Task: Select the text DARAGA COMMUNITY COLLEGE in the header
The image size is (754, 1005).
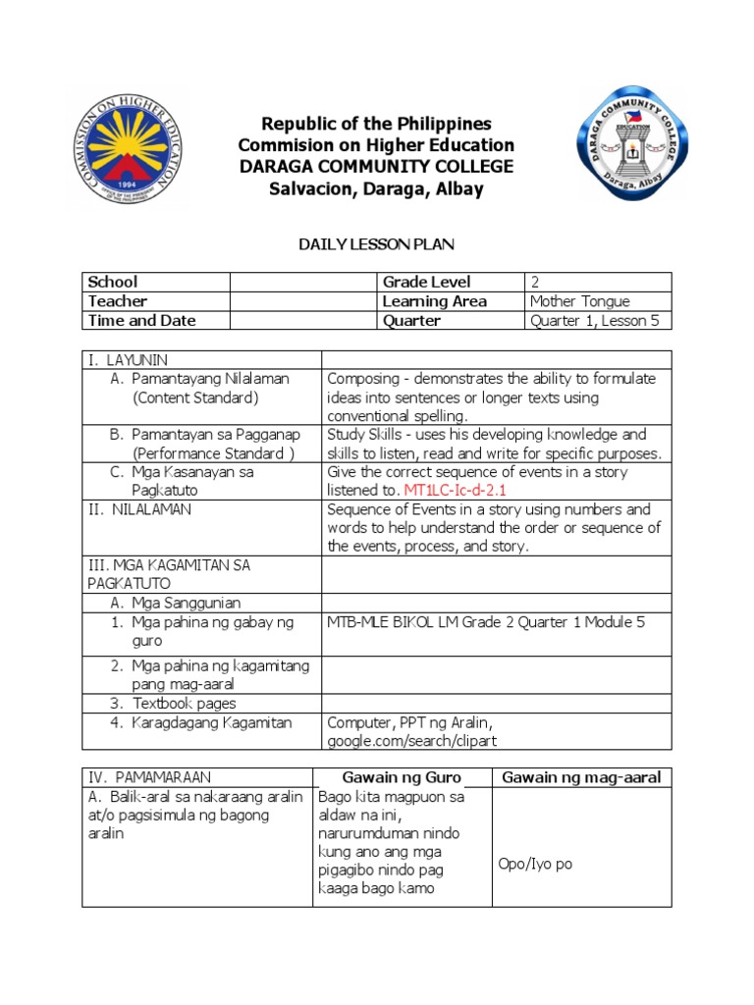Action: click(x=377, y=167)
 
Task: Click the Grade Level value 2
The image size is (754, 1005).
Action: click(x=535, y=282)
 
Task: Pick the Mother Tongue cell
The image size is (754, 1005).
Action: click(x=579, y=301)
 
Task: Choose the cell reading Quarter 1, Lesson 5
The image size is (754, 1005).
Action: click(x=594, y=321)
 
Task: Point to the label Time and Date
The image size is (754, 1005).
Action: click(x=141, y=321)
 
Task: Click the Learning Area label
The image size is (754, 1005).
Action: click(x=434, y=301)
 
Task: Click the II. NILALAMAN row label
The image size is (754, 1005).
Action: click(x=140, y=509)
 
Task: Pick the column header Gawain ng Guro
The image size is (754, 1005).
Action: click(x=402, y=777)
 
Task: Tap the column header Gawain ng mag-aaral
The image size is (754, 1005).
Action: click(x=581, y=777)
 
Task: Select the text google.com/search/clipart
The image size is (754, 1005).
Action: click(x=413, y=741)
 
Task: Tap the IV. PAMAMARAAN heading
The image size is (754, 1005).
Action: click(x=148, y=777)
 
